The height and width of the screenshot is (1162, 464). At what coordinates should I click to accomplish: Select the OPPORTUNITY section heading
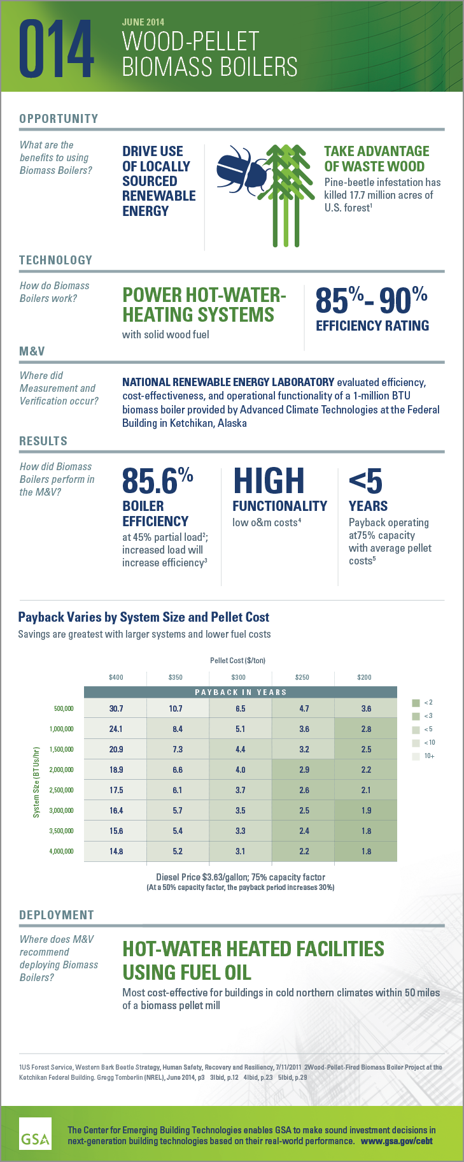coord(59,118)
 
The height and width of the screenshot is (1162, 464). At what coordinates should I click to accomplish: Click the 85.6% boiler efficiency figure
coord(157,481)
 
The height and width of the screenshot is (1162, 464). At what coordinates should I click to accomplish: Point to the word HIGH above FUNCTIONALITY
coord(269,481)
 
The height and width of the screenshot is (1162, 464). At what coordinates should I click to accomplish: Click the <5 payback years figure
coord(365,481)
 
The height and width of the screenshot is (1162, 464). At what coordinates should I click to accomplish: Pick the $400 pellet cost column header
coord(116,677)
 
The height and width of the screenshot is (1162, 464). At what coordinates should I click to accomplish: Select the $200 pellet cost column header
coord(364,677)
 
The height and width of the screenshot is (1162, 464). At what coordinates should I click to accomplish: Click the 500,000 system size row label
coord(64,709)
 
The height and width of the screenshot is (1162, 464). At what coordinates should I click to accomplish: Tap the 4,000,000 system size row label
coord(62,852)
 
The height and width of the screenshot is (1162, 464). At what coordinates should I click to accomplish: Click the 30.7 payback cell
coord(116,708)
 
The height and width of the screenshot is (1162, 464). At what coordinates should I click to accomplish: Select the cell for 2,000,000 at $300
coord(240,770)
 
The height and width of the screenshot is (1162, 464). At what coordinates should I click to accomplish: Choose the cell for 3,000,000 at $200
coord(366,810)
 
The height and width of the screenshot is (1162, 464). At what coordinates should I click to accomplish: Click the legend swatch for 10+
coord(416,756)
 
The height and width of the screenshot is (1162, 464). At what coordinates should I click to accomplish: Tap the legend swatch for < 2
coord(416,703)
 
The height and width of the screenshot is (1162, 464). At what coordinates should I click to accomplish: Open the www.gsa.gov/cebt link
coord(397,1141)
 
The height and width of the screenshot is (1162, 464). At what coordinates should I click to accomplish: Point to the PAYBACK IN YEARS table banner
coord(241,692)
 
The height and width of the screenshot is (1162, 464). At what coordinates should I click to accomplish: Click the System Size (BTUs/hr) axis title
coord(37,782)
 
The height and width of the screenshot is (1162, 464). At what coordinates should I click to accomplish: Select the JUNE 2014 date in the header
coord(143,22)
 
